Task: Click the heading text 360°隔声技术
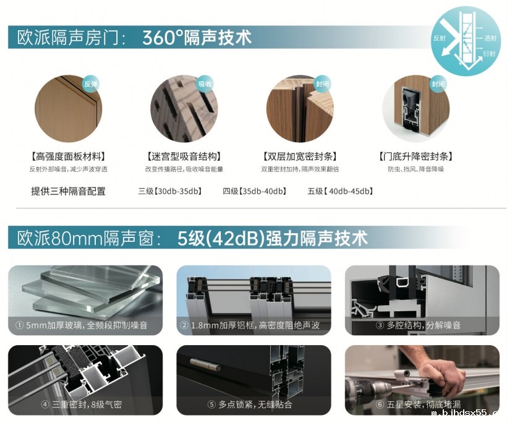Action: (x=197, y=37)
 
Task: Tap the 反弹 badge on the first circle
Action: (x=90, y=84)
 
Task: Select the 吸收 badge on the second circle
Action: (x=205, y=84)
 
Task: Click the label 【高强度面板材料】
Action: (x=68, y=157)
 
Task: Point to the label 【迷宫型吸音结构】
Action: (x=184, y=157)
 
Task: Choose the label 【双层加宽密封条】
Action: (x=300, y=157)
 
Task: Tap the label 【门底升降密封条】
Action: (x=415, y=157)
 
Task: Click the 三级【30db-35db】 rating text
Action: (x=170, y=191)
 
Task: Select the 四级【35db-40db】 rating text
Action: (x=255, y=191)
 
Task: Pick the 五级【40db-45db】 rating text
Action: (x=340, y=191)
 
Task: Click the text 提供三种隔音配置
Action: (x=68, y=191)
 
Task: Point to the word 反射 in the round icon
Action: (x=440, y=38)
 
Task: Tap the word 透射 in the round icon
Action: (x=490, y=38)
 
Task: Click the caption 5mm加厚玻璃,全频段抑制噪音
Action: (x=87, y=325)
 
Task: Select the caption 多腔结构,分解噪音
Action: (x=424, y=325)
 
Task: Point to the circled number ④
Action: (x=45, y=404)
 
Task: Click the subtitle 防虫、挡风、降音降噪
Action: (x=416, y=169)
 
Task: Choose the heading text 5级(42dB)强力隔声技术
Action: (x=273, y=238)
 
